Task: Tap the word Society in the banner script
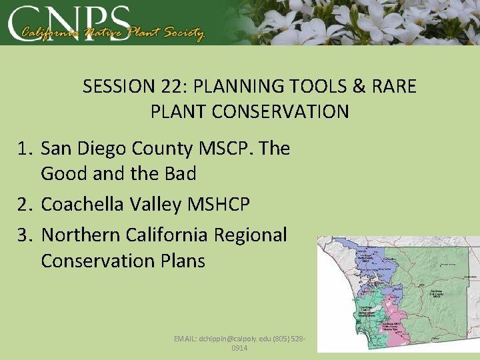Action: point(181,33)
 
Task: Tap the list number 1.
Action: point(23,149)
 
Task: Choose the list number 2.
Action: point(23,205)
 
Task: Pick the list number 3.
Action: point(23,235)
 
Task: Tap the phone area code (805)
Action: point(280,339)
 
